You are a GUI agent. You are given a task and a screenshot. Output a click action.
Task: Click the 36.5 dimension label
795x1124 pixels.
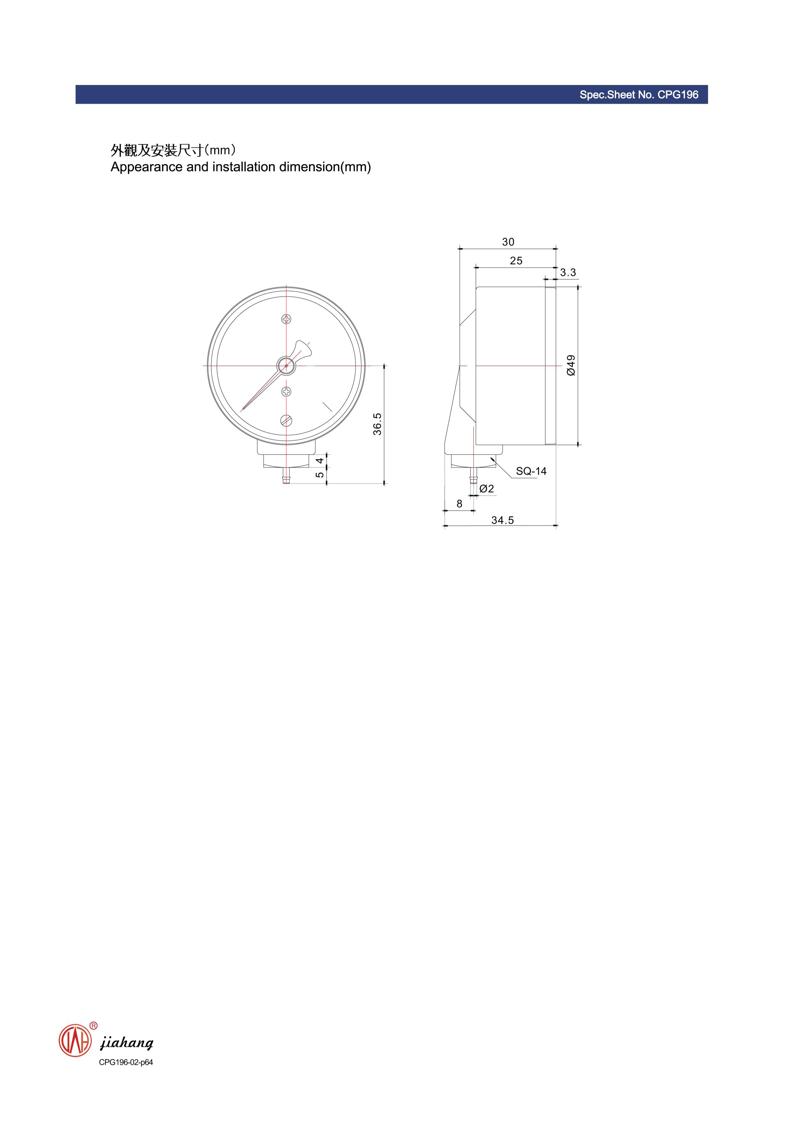click(x=377, y=424)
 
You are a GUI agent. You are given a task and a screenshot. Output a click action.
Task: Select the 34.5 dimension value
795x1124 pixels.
click(x=503, y=520)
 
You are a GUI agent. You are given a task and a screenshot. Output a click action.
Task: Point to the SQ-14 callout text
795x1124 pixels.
click(x=531, y=471)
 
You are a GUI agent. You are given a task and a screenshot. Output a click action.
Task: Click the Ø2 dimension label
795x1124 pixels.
click(x=487, y=489)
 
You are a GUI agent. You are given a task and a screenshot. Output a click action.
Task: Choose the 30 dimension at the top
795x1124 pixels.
click(x=508, y=242)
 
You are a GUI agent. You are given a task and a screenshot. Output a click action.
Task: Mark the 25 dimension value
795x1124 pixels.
click(x=516, y=261)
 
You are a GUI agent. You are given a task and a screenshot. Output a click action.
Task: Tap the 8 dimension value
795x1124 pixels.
click(x=459, y=504)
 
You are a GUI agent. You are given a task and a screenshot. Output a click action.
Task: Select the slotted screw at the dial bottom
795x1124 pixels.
click(x=286, y=420)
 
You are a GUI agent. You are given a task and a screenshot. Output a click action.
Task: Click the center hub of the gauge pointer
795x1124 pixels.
click(x=286, y=365)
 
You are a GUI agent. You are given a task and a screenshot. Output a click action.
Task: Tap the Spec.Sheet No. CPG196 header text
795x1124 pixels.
click(x=639, y=95)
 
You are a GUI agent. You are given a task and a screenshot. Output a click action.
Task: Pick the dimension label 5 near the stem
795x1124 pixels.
click(x=319, y=475)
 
